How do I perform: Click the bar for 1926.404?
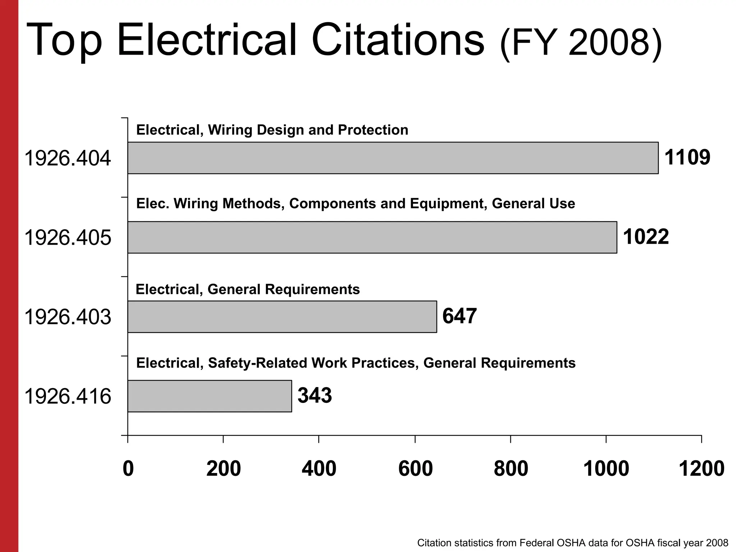[x=393, y=158]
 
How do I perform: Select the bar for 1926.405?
[x=372, y=237]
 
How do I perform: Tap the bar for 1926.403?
[x=282, y=317]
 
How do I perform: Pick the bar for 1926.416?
[x=210, y=396]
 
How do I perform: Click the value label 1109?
[x=687, y=157]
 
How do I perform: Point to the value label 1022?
[x=646, y=237]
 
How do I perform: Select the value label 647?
[x=459, y=316]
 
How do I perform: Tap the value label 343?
[x=314, y=396]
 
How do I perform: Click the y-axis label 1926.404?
[x=68, y=158]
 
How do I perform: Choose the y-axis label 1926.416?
[x=68, y=397]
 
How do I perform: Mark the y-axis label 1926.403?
[x=68, y=317]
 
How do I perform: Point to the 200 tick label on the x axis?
[x=224, y=469]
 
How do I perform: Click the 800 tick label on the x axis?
[x=511, y=469]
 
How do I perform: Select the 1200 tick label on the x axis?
[x=701, y=469]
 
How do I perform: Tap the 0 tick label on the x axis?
[x=128, y=469]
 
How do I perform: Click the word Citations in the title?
[x=398, y=40]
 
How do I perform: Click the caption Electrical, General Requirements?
[x=248, y=289]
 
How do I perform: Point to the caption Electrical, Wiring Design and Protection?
[x=272, y=130]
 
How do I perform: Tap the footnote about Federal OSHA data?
[x=572, y=543]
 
